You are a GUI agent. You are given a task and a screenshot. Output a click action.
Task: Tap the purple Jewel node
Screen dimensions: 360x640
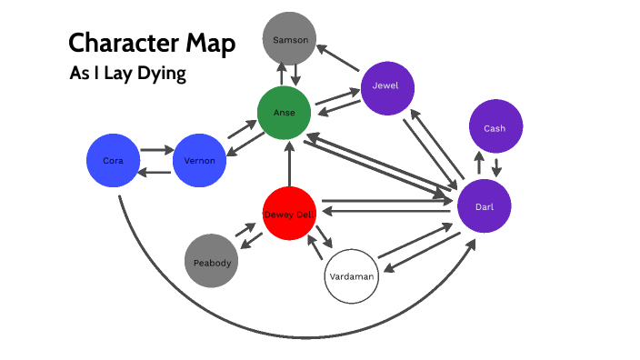[386, 88]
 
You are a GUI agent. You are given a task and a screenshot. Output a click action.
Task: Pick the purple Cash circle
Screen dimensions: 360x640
[495, 128]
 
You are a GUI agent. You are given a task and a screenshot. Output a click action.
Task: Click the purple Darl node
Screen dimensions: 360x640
[485, 206]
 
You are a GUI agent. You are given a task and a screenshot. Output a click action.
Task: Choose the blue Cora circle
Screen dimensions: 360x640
[113, 162]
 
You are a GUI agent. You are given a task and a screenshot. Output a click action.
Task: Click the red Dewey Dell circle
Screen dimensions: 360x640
[289, 213]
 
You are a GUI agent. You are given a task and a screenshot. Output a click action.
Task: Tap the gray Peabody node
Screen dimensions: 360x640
[211, 262]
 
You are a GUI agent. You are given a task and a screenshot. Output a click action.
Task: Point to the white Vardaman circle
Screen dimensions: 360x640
[351, 274]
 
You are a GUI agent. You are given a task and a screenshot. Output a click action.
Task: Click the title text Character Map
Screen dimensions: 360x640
[152, 43]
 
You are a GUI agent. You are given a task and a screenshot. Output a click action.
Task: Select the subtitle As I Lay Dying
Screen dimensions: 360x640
[127, 75]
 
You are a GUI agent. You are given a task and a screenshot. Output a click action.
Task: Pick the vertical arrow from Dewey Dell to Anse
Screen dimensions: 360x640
[289, 164]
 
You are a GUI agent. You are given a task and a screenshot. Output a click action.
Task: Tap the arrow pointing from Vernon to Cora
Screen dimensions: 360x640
[155, 172]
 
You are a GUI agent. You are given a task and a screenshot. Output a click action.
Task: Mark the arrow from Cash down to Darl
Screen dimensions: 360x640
[496, 167]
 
